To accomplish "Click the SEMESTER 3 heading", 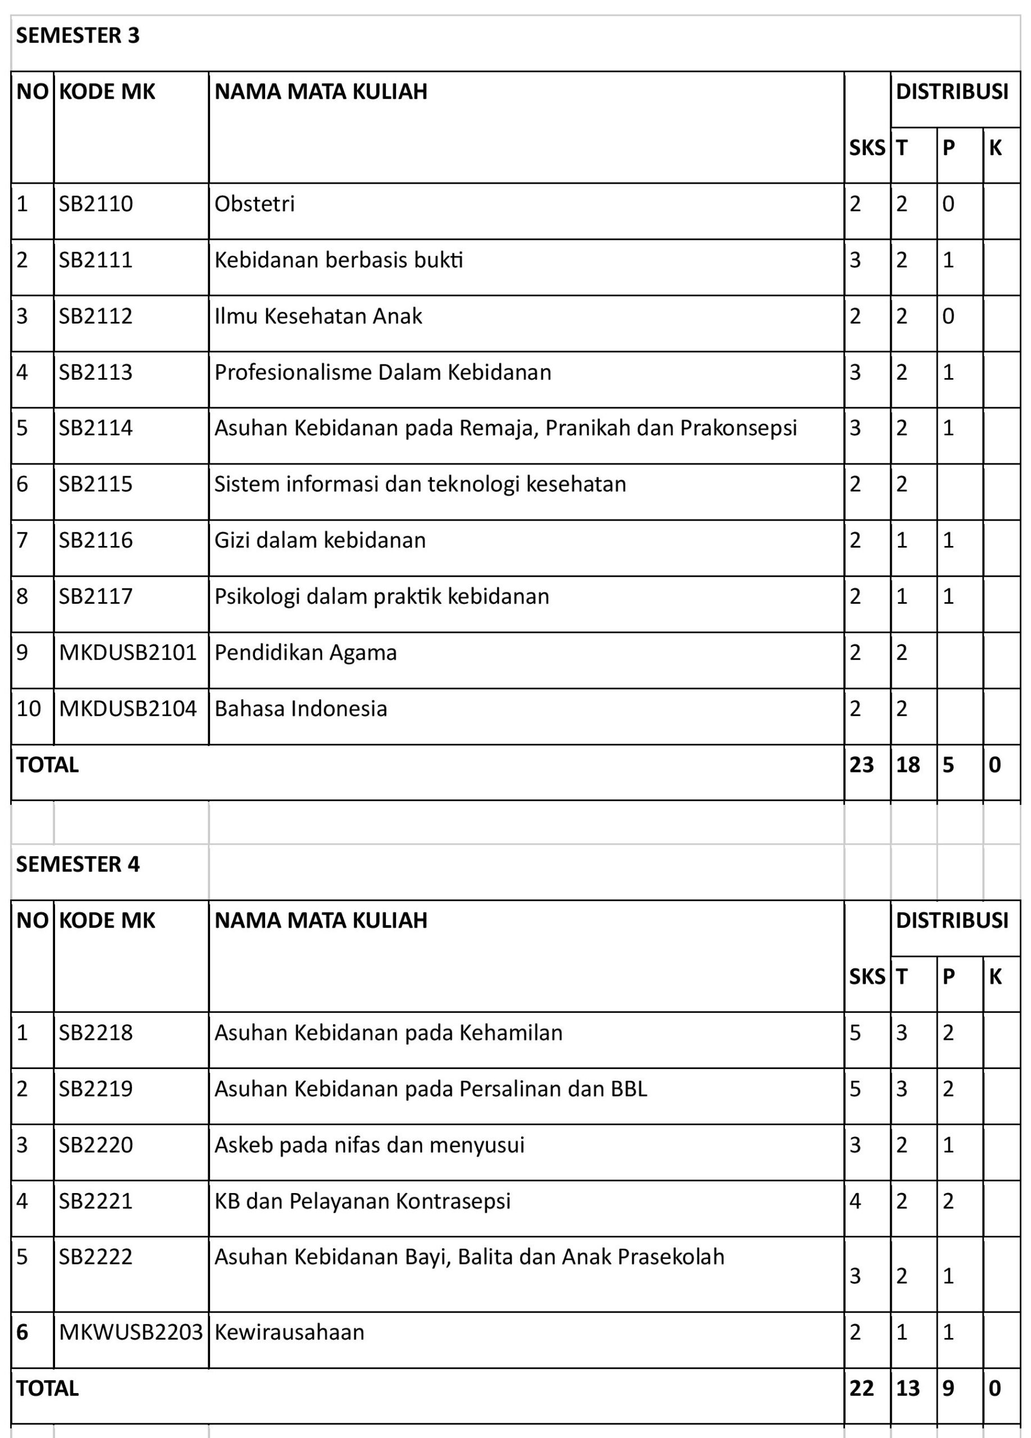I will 77,35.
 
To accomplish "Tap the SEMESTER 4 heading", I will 77,864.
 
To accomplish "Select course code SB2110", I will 95,204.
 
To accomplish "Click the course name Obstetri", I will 254,204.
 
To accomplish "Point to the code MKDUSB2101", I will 128,652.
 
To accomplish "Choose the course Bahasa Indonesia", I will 300,709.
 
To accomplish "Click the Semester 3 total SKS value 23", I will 861,764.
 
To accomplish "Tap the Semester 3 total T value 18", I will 907,764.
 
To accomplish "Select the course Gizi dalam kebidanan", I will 320,540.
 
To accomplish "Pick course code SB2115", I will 95,484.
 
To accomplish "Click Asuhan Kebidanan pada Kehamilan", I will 388,1033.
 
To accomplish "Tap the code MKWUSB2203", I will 130,1332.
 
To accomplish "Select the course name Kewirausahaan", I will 289,1332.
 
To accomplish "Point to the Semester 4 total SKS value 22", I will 861,1389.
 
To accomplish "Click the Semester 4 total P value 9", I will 948,1389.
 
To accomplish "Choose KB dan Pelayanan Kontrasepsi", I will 362,1201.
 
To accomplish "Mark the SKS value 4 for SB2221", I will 855,1201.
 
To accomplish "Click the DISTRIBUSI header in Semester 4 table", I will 952,921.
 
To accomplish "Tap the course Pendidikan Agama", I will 305,652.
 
